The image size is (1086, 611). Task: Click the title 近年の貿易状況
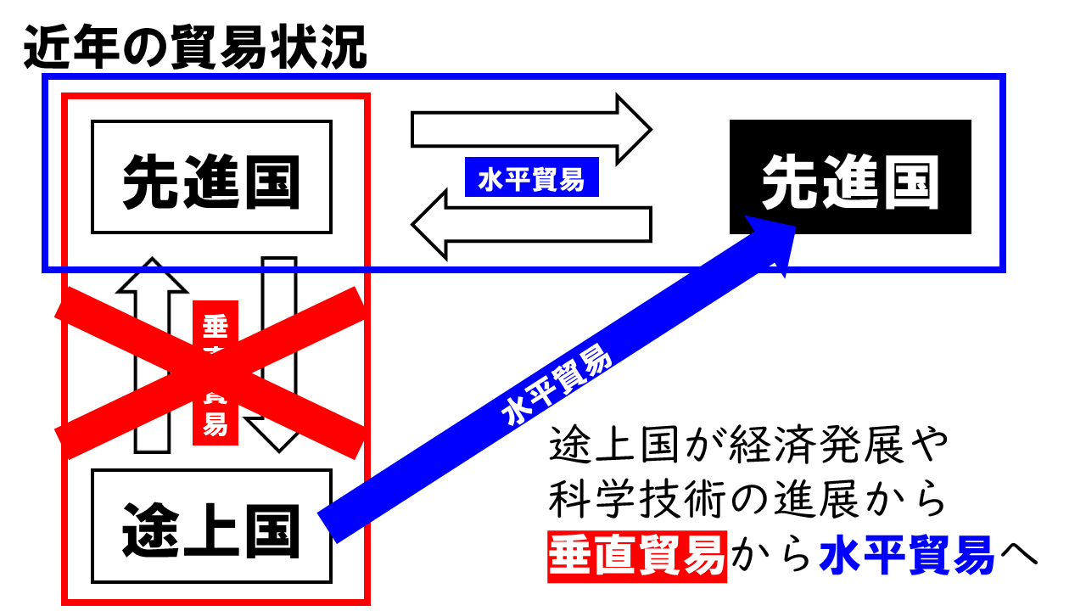(195, 49)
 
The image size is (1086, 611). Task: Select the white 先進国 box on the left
(211, 177)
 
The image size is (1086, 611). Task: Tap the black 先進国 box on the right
(850, 177)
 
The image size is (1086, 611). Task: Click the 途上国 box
(211, 526)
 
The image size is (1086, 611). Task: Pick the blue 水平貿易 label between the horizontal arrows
(532, 179)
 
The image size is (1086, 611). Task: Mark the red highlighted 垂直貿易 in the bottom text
(637, 556)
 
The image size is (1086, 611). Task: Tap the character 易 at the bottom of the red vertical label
(216, 424)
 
